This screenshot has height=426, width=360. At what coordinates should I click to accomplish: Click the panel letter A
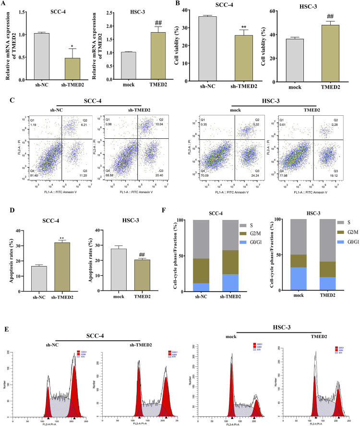(x=5, y=4)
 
